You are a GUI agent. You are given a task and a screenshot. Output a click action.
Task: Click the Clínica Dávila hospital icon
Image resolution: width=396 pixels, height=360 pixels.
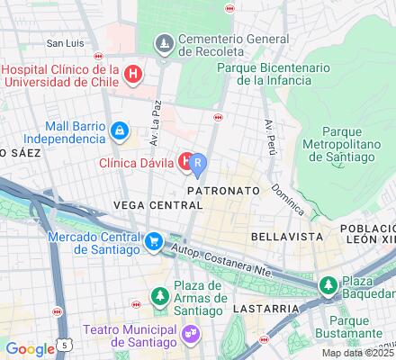pos(185,161)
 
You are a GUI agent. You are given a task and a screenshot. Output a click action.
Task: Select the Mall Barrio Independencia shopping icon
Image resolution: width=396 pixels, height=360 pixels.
pos(119,130)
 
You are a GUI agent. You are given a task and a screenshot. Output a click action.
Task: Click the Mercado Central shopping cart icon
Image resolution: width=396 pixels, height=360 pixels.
pos(155,240)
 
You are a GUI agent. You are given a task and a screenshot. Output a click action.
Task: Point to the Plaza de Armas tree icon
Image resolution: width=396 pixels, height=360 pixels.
pos(160,294)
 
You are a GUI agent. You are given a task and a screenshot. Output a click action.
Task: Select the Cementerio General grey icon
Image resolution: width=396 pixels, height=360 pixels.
pos(164,42)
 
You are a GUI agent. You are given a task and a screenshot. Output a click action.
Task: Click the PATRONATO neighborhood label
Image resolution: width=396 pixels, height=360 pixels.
pos(223,192)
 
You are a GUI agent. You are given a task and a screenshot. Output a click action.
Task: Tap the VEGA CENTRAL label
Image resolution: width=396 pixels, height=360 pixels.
pos(157,205)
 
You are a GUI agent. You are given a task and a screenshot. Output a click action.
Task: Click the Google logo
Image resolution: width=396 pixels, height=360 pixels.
pos(29,349)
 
